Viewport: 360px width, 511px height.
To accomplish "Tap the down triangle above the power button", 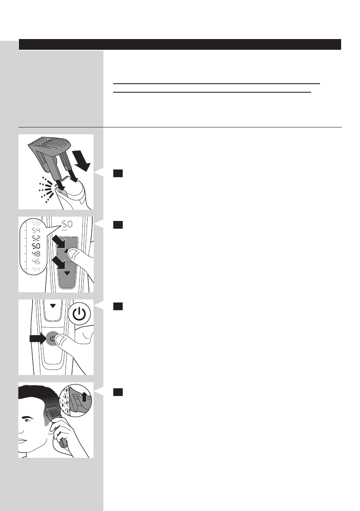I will tap(53, 306).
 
